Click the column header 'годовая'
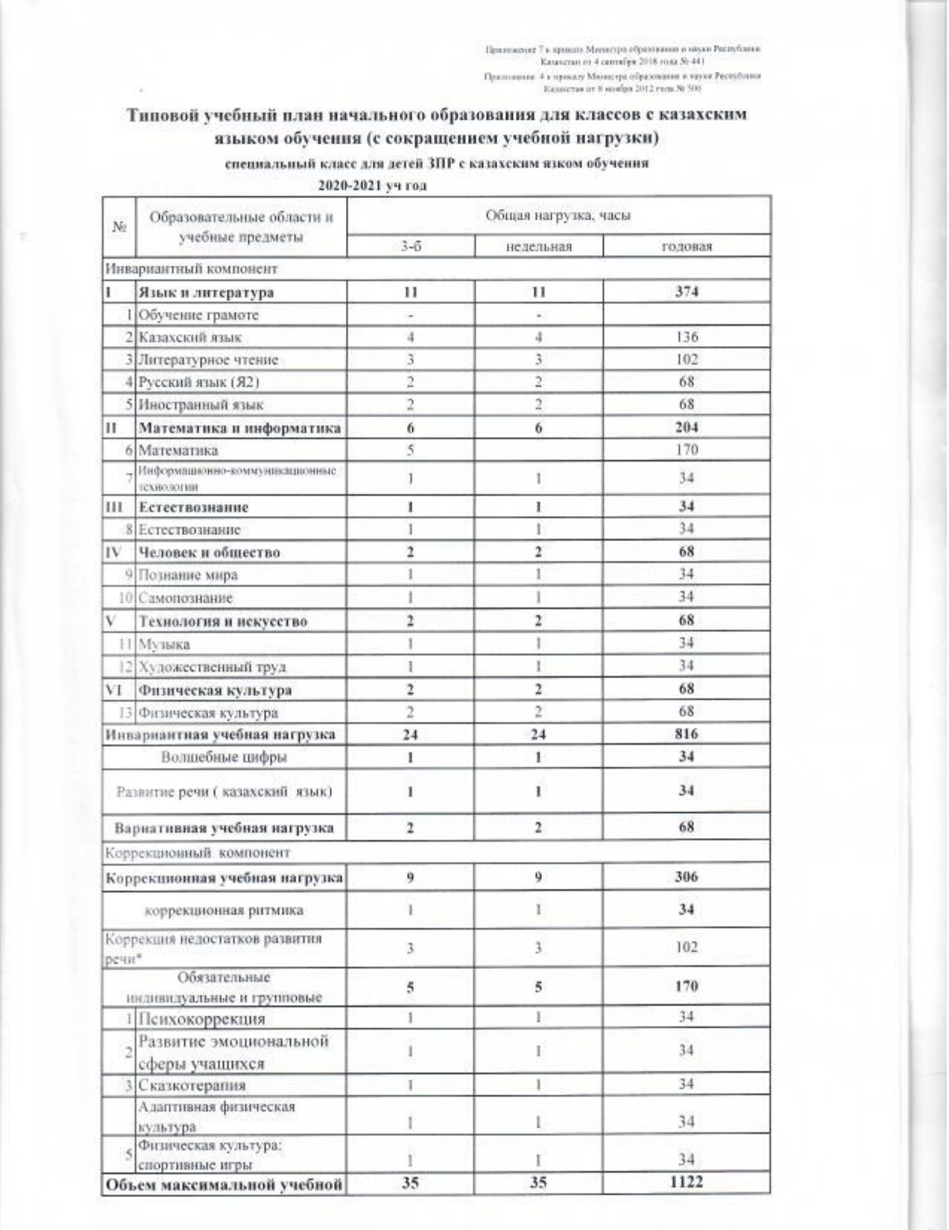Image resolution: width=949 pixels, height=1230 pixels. pos(686,247)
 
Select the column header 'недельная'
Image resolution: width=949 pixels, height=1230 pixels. pos(537,247)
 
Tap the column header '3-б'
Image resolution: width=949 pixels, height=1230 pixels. pos(410,247)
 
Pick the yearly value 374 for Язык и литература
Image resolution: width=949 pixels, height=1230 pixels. pos(686,292)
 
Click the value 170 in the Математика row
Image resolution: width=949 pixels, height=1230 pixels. pos(686,450)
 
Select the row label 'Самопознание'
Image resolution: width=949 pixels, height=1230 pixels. pos(186,598)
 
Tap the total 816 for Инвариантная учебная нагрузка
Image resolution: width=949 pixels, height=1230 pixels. pos(686,734)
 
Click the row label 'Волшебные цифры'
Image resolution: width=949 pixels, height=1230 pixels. pos(224,757)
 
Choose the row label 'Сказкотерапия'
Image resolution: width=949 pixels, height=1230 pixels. pos(192,1085)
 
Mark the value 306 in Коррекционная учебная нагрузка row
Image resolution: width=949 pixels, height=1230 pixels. pos(686,877)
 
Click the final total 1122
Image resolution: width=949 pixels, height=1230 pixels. pos(686,1182)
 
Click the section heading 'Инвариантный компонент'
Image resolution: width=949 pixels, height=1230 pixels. pos(192,268)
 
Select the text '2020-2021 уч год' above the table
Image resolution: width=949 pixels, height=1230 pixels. pos(372,186)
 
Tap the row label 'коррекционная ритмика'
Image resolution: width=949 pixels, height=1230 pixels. pos(224,910)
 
